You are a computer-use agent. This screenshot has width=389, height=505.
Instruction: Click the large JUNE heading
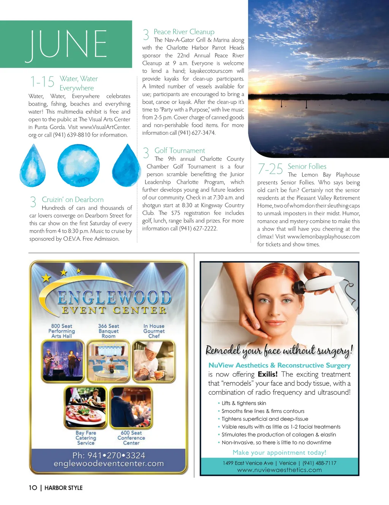click(x=66, y=45)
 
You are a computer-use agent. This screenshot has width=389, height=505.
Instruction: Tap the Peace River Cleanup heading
click(x=184, y=32)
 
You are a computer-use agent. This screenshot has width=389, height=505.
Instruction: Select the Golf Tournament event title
click(x=179, y=151)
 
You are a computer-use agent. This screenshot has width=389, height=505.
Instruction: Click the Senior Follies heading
click(x=307, y=166)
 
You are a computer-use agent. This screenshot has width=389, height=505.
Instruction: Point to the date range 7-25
click(x=270, y=169)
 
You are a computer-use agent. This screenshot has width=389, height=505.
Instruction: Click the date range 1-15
click(x=42, y=82)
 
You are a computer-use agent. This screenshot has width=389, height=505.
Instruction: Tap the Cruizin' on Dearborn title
click(x=73, y=200)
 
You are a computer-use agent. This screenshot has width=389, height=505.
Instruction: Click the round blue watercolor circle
click(x=79, y=166)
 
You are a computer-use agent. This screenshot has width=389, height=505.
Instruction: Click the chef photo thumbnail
click(x=154, y=361)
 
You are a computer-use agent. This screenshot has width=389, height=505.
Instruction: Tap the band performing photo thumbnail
click(x=63, y=361)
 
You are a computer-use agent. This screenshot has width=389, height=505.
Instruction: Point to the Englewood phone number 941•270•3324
click(x=109, y=455)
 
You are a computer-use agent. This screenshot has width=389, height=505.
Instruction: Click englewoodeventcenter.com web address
click(x=109, y=464)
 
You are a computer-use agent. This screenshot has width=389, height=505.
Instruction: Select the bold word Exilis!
click(x=267, y=374)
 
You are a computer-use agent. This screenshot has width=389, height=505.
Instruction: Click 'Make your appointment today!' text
click(x=279, y=453)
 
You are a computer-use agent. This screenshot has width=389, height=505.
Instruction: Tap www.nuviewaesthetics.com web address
click(x=279, y=470)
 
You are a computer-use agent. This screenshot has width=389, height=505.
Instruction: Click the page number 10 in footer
click(x=33, y=488)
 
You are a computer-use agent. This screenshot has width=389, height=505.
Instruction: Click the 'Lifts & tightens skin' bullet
click(x=244, y=403)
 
